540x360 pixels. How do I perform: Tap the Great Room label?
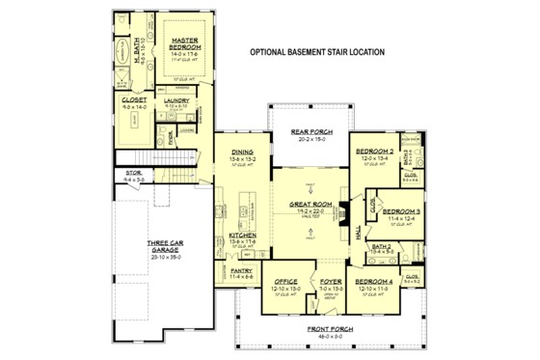[310, 205]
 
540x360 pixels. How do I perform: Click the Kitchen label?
[243, 235]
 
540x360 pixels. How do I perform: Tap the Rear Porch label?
[311, 132]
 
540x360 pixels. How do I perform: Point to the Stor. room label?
[133, 175]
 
